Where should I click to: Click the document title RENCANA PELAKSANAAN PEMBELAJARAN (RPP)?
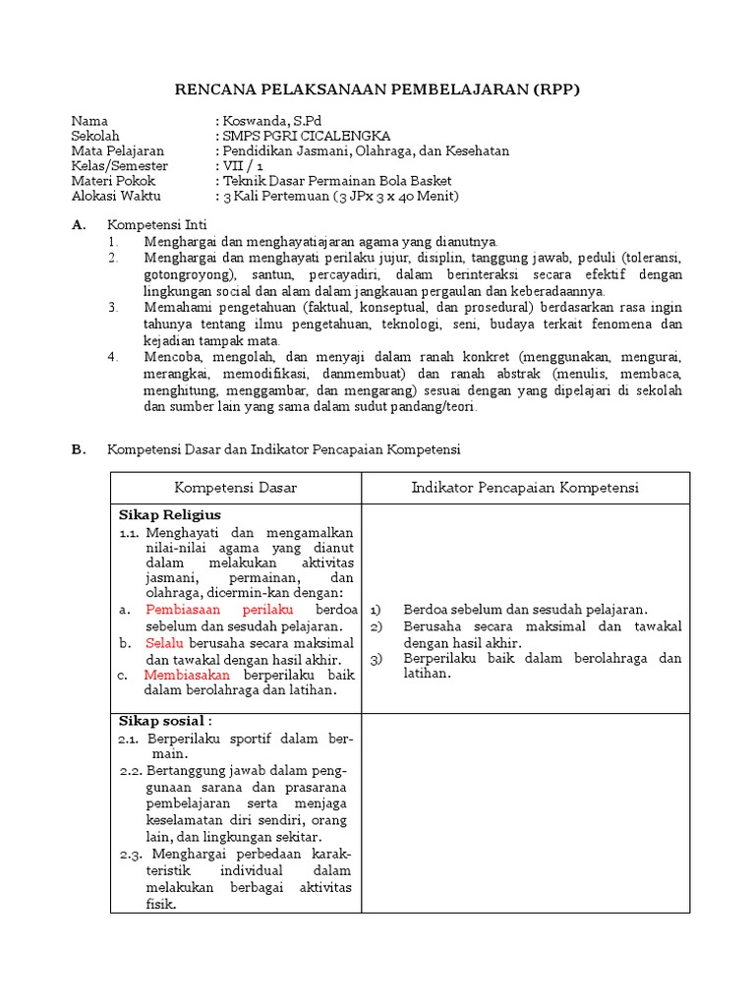(x=377, y=90)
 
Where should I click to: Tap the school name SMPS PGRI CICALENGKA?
(x=306, y=136)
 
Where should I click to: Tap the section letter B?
(x=77, y=449)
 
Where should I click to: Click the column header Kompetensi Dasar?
(x=236, y=488)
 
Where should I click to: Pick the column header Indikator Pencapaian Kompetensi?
(x=525, y=488)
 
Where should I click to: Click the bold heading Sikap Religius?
(x=170, y=515)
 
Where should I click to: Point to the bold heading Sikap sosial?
(x=166, y=720)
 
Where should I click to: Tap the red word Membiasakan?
(x=187, y=676)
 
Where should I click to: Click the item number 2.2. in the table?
(x=134, y=772)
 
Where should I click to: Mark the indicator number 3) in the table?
(x=376, y=659)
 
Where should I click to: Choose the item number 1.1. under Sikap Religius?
(x=132, y=532)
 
